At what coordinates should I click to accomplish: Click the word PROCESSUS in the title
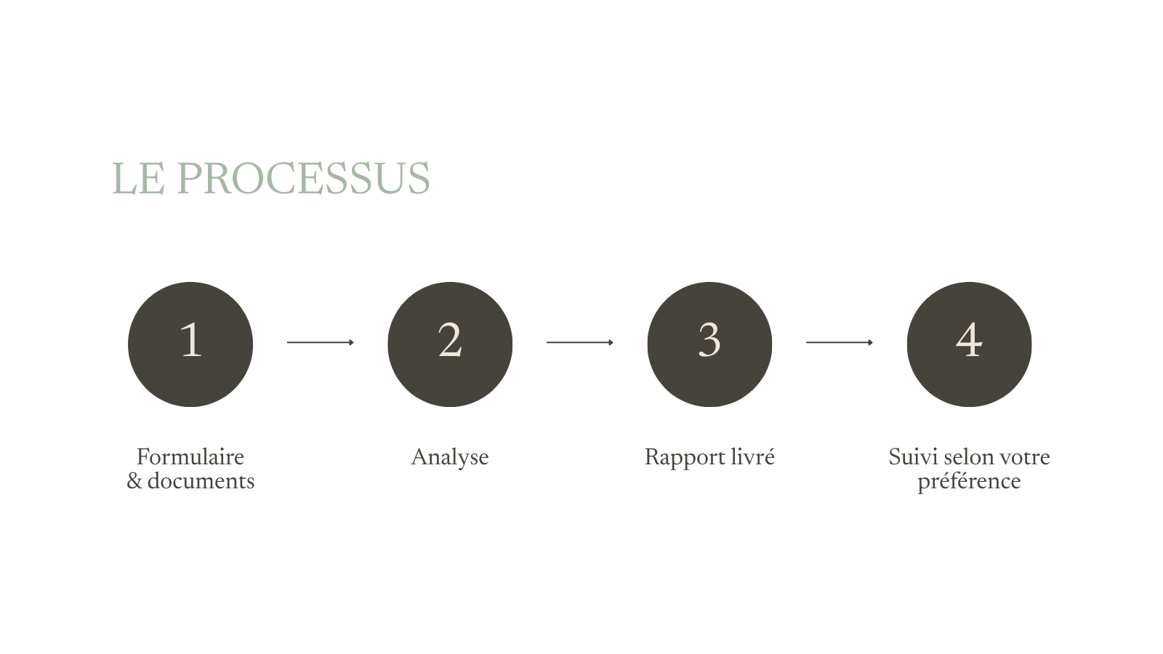pyautogui.click(x=303, y=179)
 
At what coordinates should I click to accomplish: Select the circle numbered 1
pyautogui.click(x=190, y=344)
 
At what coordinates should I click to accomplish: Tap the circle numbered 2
pyautogui.click(x=450, y=344)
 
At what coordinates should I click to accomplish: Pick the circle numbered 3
pyautogui.click(x=709, y=344)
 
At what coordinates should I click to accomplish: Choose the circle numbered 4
pyautogui.click(x=969, y=344)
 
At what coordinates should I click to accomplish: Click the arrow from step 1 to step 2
pyautogui.click(x=320, y=342)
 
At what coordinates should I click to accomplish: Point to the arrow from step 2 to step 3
pyautogui.click(x=579, y=342)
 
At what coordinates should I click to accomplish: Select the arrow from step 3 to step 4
pyautogui.click(x=839, y=342)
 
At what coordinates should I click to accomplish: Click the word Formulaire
pyautogui.click(x=190, y=457)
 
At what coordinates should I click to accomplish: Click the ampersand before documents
pyautogui.click(x=134, y=481)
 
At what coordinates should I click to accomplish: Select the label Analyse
pyautogui.click(x=450, y=457)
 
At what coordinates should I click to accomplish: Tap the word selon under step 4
pyautogui.click(x=967, y=457)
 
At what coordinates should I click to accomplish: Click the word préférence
pyautogui.click(x=969, y=482)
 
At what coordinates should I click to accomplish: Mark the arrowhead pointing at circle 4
pyautogui.click(x=871, y=342)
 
